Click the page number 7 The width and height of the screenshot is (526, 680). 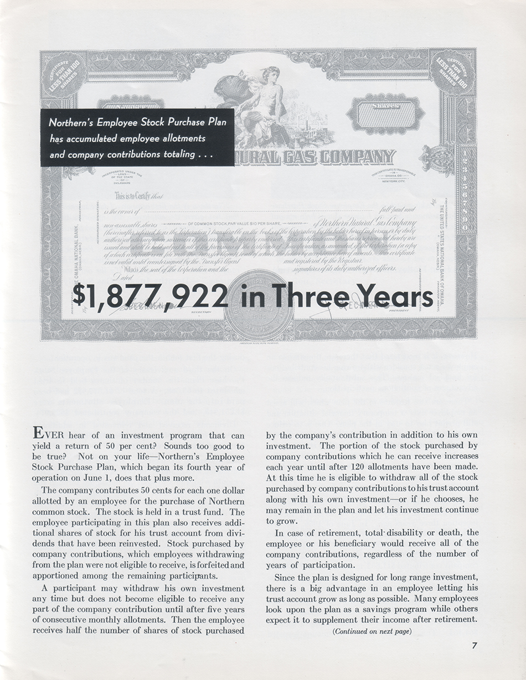click(475, 645)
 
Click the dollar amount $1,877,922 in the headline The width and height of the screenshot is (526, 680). click(151, 297)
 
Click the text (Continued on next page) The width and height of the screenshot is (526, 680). click(371, 631)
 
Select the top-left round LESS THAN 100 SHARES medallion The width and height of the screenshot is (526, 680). click(63, 74)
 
